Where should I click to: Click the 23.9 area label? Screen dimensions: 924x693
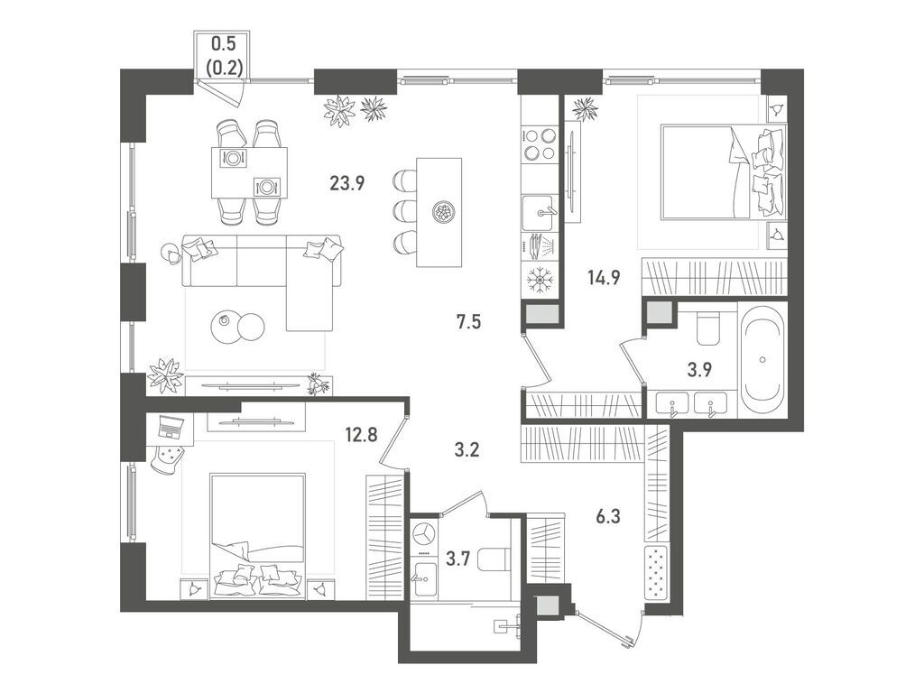(347, 184)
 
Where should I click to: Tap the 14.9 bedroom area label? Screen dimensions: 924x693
(604, 276)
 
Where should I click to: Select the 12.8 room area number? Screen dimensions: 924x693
(362, 435)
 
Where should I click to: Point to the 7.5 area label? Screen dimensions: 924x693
(469, 322)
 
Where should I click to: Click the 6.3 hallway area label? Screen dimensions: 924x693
(608, 517)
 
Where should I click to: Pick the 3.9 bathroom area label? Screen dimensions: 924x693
(699, 369)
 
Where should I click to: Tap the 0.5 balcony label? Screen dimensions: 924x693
(224, 43)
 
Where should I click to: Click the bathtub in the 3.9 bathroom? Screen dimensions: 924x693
(763, 359)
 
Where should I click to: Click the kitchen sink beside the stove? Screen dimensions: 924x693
(538, 213)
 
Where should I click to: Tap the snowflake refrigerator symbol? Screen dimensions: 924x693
(538, 279)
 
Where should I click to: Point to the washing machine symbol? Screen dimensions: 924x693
(425, 534)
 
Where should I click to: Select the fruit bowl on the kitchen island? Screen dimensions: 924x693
(442, 212)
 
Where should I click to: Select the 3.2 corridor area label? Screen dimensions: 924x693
(467, 450)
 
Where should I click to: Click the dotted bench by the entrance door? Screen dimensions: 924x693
(657, 571)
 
